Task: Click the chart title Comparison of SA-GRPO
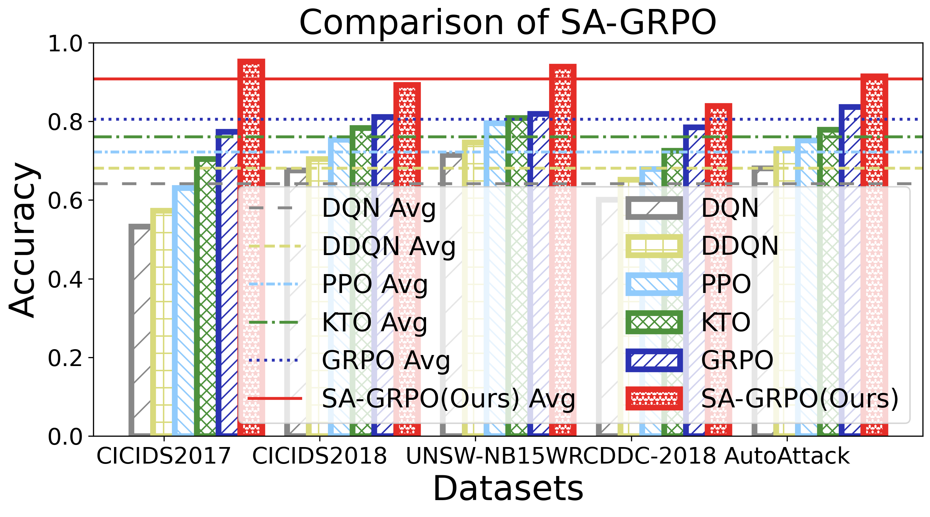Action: tap(508, 22)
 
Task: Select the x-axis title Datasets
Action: tap(508, 488)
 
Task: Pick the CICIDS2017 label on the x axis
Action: tap(164, 456)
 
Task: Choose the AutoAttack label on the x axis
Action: tap(787, 456)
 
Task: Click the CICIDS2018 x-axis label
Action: tap(320, 456)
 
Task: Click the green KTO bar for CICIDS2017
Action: tap(205, 296)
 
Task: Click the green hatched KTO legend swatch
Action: tap(654, 322)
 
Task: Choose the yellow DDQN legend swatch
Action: tap(654, 246)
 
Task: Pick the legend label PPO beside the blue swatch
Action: tap(726, 284)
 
